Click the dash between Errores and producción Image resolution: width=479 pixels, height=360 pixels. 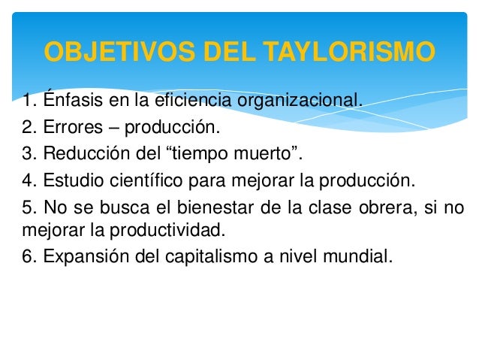tap(112, 127)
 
